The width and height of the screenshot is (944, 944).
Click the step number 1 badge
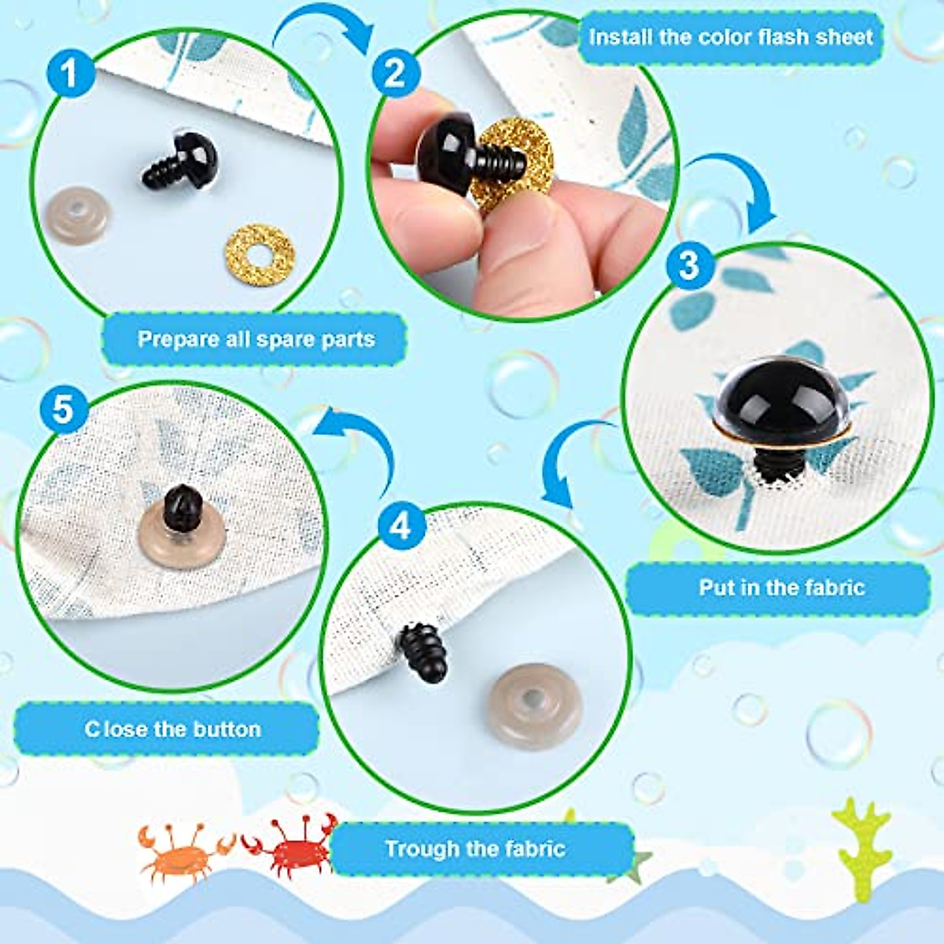pos(70,73)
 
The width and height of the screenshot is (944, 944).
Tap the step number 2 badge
pos(395,73)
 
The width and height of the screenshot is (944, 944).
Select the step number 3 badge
pos(689,264)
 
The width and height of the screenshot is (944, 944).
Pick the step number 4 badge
pos(401,525)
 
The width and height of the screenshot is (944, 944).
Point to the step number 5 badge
pos(63,409)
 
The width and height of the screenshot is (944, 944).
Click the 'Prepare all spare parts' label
pos(256,339)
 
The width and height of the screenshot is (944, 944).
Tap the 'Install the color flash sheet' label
pos(730,37)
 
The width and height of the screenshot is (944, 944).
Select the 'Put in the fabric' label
pos(781,588)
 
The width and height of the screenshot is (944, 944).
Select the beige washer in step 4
pos(535,705)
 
